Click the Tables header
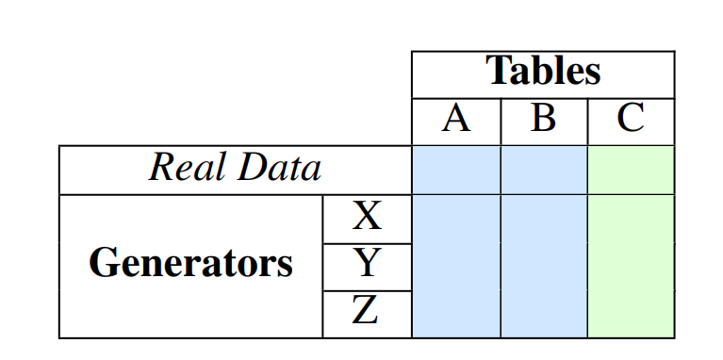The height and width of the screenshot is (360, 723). click(x=543, y=74)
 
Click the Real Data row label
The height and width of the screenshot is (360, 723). click(x=235, y=170)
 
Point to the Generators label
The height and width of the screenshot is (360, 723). click(x=190, y=265)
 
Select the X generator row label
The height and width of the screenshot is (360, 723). click(x=367, y=219)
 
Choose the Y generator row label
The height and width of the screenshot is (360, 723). click(x=367, y=267)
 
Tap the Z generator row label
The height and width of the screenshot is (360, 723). click(x=367, y=313)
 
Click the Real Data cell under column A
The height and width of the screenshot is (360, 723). click(x=456, y=170)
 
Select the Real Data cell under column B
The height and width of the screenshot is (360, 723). click(x=543, y=170)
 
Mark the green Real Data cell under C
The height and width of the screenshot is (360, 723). click(x=631, y=170)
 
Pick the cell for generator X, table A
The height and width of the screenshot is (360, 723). click(x=456, y=219)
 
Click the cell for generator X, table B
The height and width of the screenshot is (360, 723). click(x=543, y=219)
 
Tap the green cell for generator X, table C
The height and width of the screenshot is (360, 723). click(x=631, y=219)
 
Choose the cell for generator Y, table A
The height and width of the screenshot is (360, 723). click(x=456, y=267)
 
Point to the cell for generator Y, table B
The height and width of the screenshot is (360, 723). click(x=543, y=267)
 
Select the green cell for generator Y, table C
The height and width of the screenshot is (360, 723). click(x=631, y=267)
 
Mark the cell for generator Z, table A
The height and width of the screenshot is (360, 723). click(x=456, y=313)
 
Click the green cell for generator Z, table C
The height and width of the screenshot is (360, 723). click(x=631, y=313)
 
